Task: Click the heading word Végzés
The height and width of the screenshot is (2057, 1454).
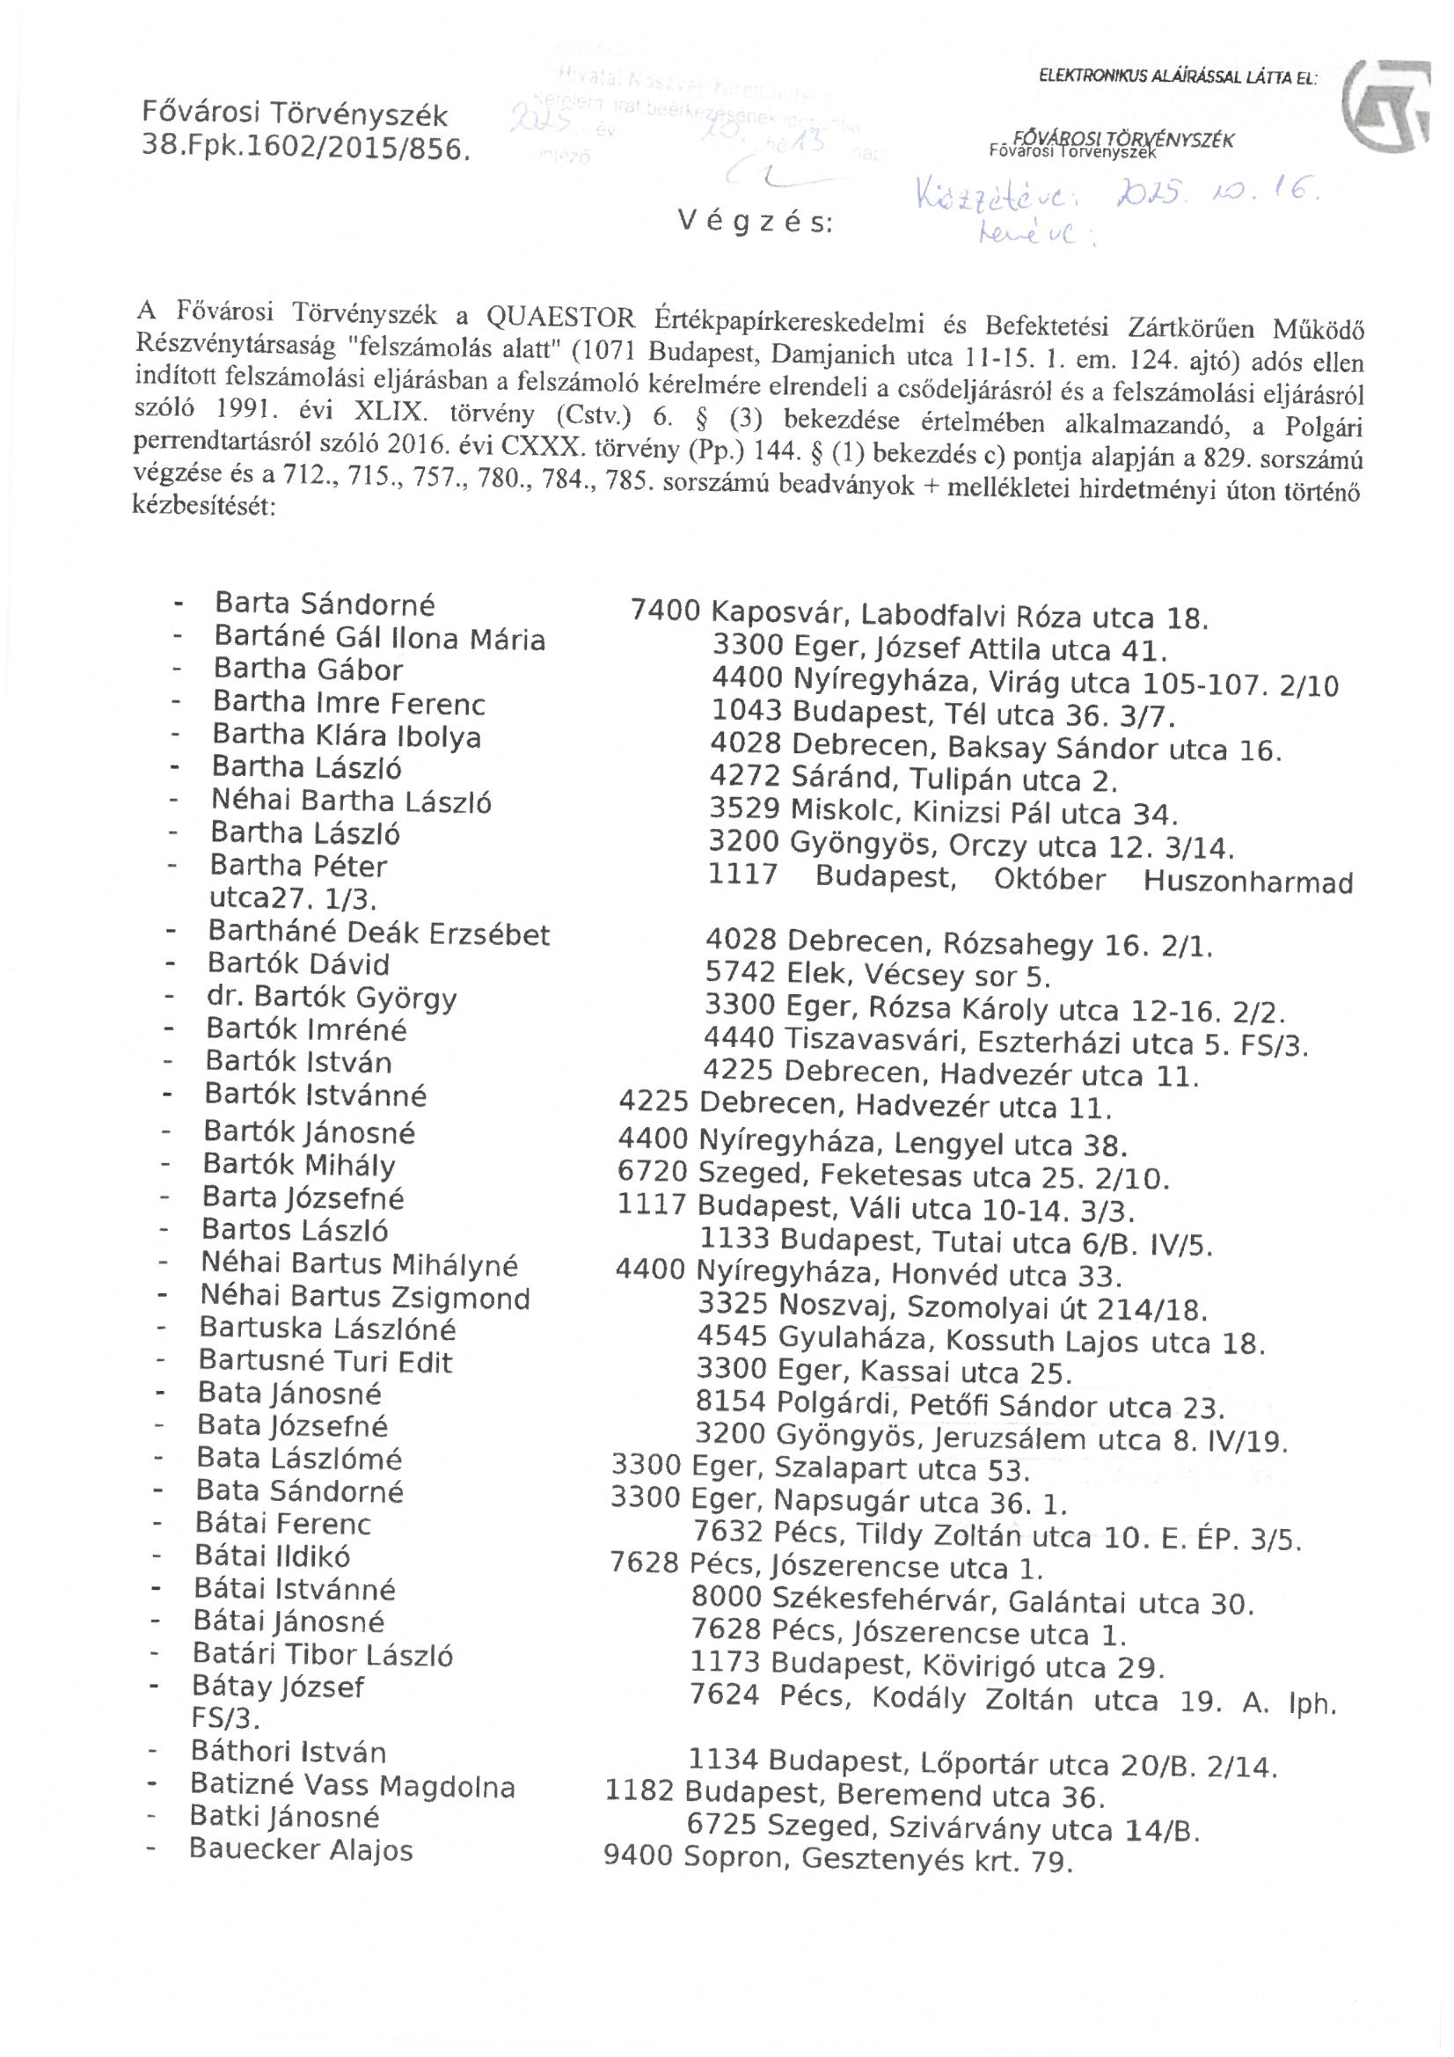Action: pos(756,222)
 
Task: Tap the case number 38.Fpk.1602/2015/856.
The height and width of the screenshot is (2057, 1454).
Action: pos(306,149)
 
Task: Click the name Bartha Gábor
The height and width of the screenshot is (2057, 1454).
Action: pos(308,670)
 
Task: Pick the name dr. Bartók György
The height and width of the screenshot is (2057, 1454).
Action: pos(332,997)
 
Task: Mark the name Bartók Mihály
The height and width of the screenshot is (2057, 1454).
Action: pos(299,1166)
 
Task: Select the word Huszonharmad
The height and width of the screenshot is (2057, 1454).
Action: pos(1248,882)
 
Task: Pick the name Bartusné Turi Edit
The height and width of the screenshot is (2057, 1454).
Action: pos(326,1362)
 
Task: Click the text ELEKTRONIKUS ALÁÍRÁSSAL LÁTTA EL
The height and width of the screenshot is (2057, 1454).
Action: pos(1177,78)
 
